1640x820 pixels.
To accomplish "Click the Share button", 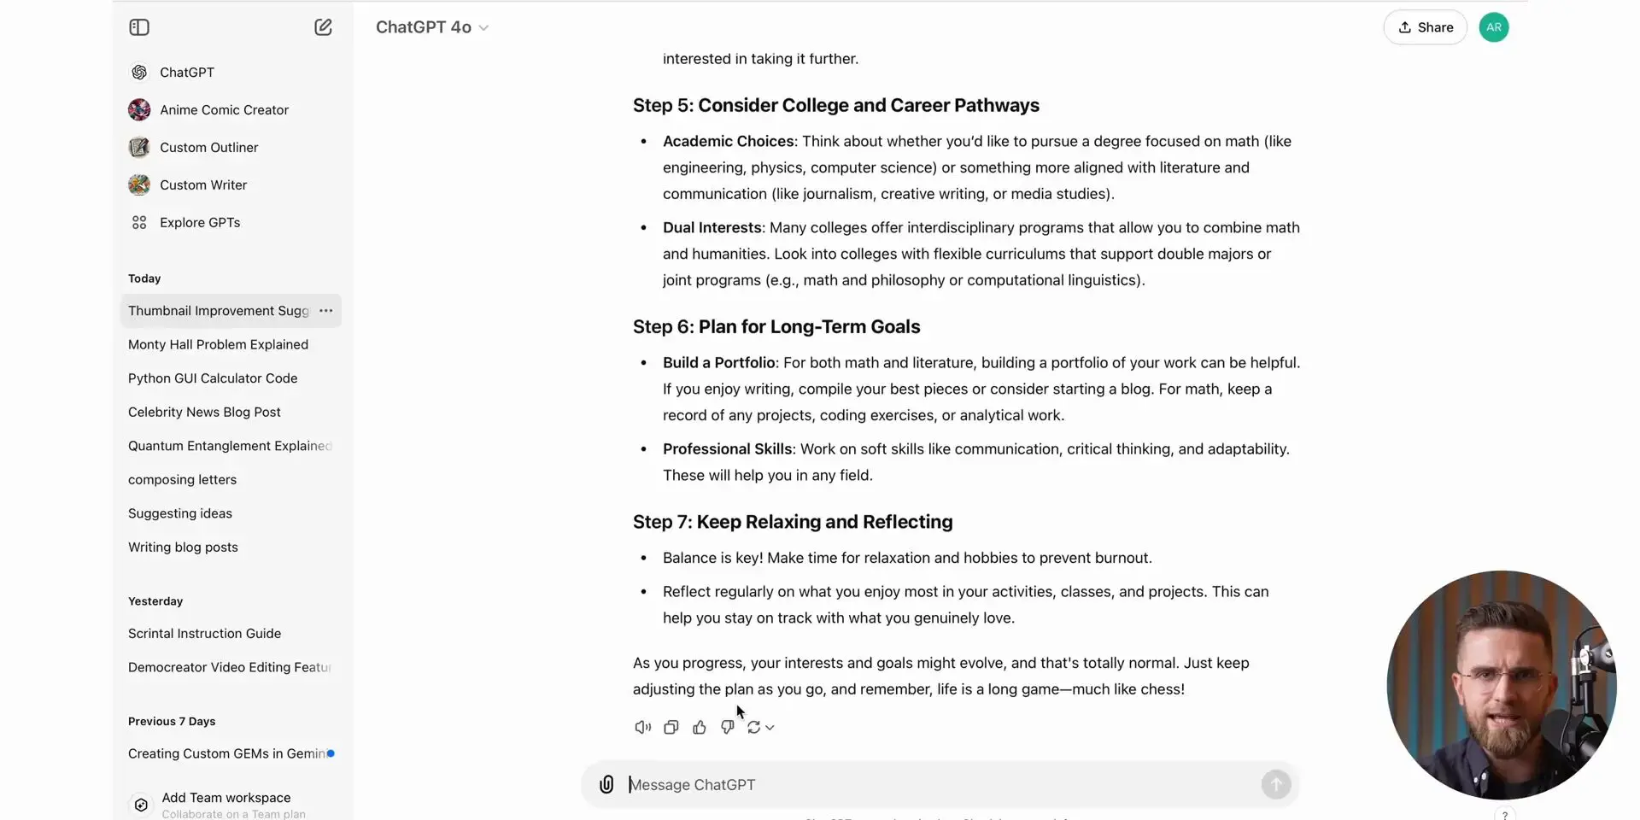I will (1425, 27).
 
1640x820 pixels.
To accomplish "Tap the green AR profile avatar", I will (1493, 27).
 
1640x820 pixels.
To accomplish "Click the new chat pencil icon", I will (323, 27).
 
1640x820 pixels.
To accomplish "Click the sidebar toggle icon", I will (139, 27).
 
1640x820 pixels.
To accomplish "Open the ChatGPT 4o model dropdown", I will (432, 27).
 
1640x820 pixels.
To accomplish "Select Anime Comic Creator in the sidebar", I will (224, 110).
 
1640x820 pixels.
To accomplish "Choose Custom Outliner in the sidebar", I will (208, 148).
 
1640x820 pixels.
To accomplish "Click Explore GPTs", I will (200, 223).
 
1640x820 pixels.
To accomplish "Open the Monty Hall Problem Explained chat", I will (218, 344).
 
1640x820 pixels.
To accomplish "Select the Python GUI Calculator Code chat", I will (213, 378).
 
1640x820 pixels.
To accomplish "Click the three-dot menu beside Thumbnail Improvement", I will (325, 311).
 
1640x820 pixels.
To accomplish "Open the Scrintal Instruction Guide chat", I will (204, 634).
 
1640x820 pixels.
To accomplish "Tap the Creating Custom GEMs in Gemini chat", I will (226, 753).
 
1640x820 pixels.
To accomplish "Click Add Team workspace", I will (225, 798).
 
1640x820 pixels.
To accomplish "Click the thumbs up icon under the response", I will (700, 728).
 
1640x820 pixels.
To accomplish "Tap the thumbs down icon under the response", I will (727, 728).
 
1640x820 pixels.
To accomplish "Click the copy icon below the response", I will (671, 728).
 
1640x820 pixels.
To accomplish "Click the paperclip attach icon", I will (606, 784).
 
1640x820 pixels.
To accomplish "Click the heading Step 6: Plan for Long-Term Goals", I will (776, 327).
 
